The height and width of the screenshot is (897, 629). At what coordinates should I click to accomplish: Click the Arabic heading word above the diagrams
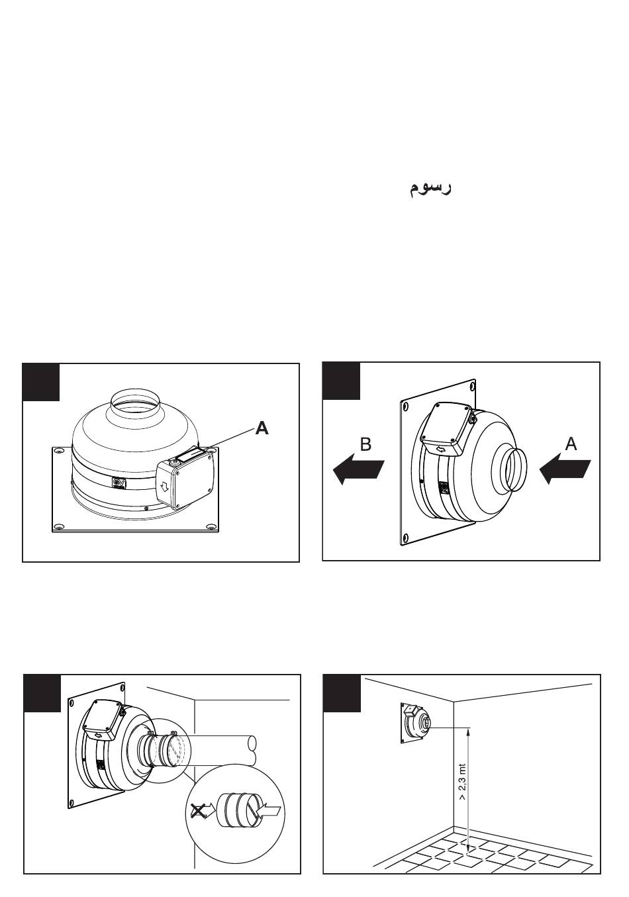[429, 187]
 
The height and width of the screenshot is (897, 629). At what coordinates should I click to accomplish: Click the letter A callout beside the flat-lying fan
[262, 429]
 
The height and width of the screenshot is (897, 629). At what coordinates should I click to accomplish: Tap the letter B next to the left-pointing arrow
[365, 444]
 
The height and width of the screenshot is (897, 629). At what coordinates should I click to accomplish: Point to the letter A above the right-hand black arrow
[571, 444]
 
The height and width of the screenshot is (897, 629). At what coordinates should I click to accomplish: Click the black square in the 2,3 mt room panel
[342, 692]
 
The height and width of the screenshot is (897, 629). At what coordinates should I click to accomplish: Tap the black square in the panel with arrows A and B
[342, 381]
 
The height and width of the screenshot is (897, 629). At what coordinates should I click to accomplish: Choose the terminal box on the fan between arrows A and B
[447, 430]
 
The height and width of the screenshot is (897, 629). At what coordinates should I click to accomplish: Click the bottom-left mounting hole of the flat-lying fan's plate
[59, 527]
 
